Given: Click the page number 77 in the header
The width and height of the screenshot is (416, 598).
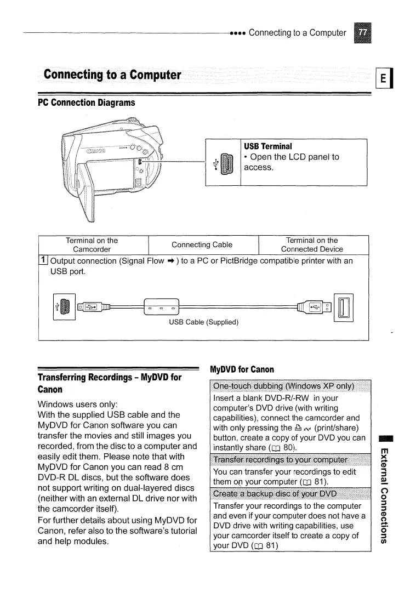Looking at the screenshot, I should click(x=362, y=33).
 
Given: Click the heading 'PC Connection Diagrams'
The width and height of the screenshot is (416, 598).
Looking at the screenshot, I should click(x=86, y=102).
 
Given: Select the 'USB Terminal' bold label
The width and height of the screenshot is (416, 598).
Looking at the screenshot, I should click(x=268, y=146).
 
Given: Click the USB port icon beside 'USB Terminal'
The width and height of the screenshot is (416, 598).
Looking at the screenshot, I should click(x=227, y=163).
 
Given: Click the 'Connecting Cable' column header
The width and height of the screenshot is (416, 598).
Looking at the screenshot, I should click(x=202, y=244).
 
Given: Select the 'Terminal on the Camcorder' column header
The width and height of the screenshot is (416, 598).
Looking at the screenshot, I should click(x=92, y=244).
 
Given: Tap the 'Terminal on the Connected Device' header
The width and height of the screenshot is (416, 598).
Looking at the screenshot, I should click(x=312, y=244).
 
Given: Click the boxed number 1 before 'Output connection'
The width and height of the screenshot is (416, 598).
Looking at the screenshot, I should click(x=43, y=261).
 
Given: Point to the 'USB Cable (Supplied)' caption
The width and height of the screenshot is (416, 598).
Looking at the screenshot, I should click(x=203, y=322).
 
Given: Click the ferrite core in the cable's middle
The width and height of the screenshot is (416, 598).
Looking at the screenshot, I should click(x=161, y=306).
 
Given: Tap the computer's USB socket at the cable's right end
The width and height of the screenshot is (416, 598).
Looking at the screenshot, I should click(x=347, y=306).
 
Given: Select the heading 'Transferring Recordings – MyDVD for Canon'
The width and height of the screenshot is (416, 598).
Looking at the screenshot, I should click(x=109, y=383).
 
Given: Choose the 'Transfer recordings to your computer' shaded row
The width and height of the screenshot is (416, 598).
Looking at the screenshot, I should click(x=280, y=459).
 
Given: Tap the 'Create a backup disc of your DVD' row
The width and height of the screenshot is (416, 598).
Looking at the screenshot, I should click(x=282, y=496).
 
